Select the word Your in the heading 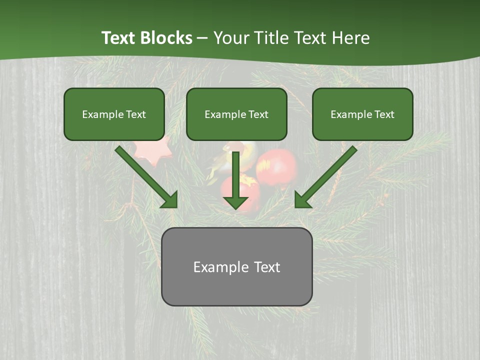click(x=231, y=38)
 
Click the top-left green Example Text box click(x=114, y=114)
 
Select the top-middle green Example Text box click(x=236, y=114)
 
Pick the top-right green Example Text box click(x=362, y=114)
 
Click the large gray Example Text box click(x=236, y=267)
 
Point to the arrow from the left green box click(x=145, y=175)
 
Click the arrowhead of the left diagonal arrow click(x=170, y=200)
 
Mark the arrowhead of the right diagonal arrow click(x=302, y=200)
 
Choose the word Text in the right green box click(x=384, y=114)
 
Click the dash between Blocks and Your click(x=202, y=38)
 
